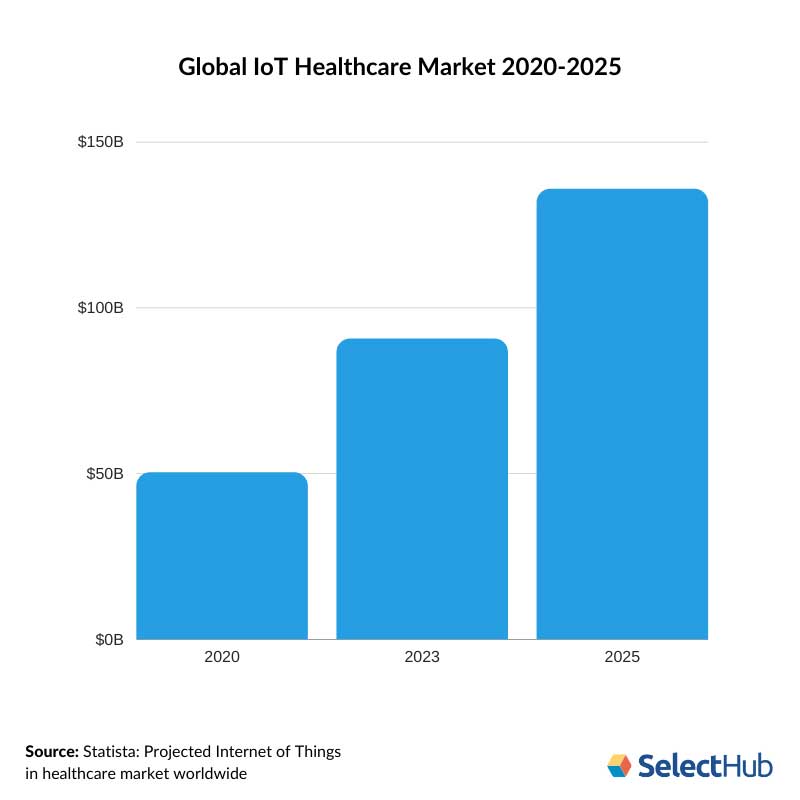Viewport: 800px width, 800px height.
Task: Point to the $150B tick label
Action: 100,142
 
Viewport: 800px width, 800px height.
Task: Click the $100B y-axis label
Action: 100,308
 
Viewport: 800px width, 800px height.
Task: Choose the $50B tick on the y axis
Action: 104,473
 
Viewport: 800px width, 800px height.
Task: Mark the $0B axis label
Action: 108,639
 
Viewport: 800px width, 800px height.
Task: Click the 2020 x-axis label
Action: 222,658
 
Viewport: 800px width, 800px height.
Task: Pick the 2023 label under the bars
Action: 422,658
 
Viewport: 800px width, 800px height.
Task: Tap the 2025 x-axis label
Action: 622,658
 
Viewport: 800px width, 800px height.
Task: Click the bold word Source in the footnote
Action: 52,751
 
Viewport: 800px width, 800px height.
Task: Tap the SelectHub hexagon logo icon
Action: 620,766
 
